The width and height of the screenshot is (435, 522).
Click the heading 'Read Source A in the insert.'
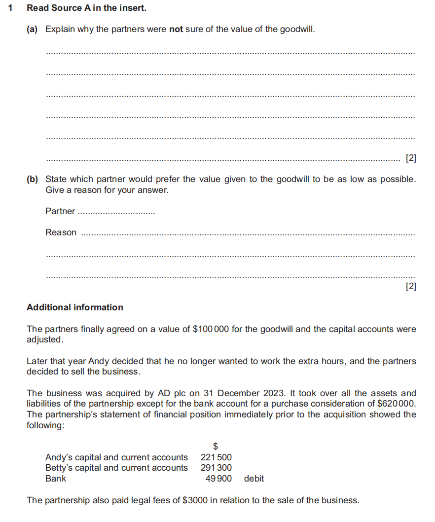[86, 8]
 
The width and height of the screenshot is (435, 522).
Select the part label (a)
[32, 29]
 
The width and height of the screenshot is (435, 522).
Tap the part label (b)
[32, 179]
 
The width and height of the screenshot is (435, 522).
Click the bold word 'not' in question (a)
[176, 29]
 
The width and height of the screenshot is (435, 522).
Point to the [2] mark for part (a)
[410, 158]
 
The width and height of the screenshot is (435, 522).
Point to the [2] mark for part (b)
[410, 286]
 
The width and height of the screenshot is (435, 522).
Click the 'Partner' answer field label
[60, 211]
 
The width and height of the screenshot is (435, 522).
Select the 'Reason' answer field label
[61, 232]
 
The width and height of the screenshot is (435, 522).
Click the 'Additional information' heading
[75, 307]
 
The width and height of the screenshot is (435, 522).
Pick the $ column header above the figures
[216, 447]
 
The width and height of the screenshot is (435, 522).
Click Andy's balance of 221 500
[216, 457]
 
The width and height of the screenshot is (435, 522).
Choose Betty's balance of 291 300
[216, 468]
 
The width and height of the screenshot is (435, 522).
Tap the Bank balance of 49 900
[218, 479]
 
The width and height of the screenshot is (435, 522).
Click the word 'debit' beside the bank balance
[254, 479]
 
